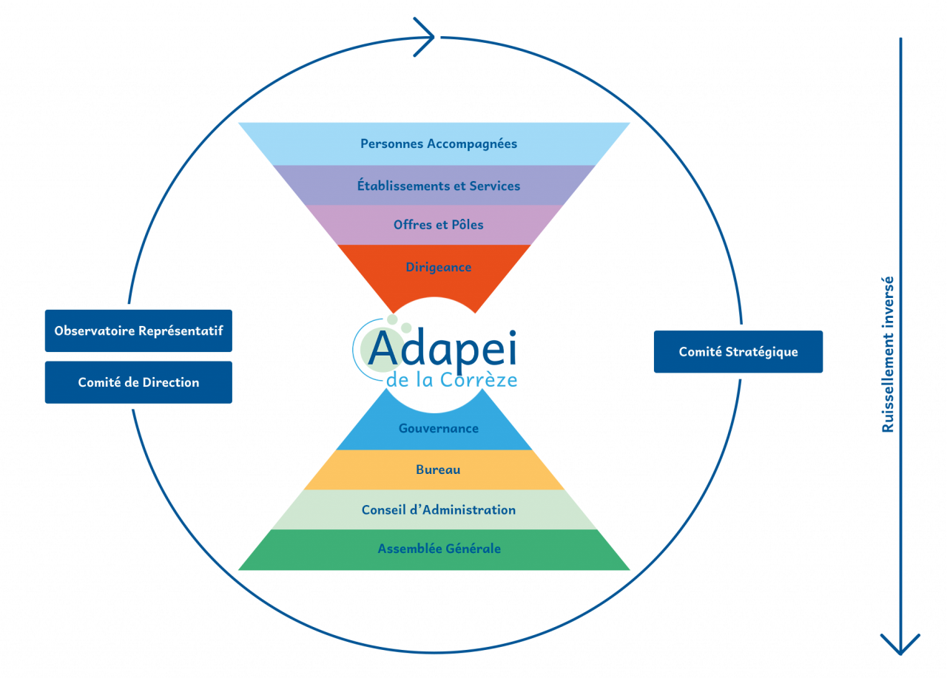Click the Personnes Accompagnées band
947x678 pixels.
(438, 143)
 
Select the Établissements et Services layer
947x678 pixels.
(438, 186)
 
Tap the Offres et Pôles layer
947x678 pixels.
(438, 224)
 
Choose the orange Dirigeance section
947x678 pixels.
(438, 267)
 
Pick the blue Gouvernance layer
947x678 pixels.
(438, 428)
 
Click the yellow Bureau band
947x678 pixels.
(438, 469)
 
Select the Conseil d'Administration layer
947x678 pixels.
(438, 509)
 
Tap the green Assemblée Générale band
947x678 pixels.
(438, 549)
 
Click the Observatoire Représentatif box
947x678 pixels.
(138, 330)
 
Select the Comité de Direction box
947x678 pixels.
(138, 382)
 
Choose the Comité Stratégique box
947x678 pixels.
(738, 352)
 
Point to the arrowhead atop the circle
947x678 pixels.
(427, 36)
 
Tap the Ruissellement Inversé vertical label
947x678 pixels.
(888, 354)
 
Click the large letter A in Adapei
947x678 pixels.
(383, 349)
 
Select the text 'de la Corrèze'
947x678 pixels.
(451, 380)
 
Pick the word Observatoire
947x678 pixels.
(95, 330)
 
